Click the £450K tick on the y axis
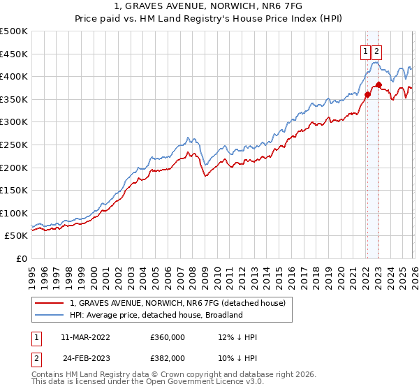coord(14,54)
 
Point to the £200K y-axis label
coord(14,168)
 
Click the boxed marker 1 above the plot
coord(365,50)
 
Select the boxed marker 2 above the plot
coord(377,50)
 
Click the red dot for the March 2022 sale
coord(367,94)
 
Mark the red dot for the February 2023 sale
coord(378,84)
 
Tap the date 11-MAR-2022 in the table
coord(85,337)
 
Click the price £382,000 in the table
coord(168,357)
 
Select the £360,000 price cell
coord(168,337)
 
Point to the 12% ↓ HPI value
coord(237,337)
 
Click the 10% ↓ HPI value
coord(237,357)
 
